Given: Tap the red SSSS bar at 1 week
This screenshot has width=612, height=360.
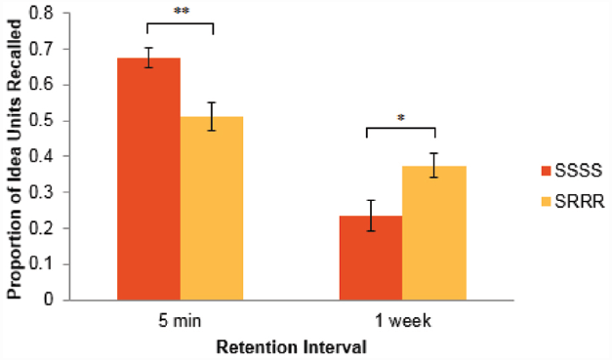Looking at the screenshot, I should coord(370,258).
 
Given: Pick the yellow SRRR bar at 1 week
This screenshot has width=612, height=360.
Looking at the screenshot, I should coord(433,233).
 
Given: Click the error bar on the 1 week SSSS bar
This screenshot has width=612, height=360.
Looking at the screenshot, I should coord(370,215).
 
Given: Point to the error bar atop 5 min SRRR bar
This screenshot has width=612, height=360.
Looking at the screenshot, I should coord(211,116).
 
